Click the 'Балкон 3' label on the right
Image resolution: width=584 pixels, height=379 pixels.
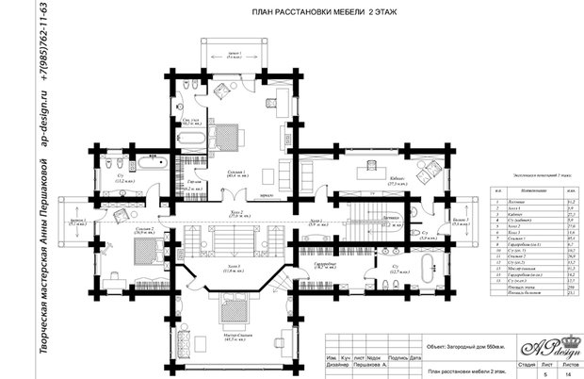point(461,222)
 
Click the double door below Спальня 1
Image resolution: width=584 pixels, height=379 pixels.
point(227,195)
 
